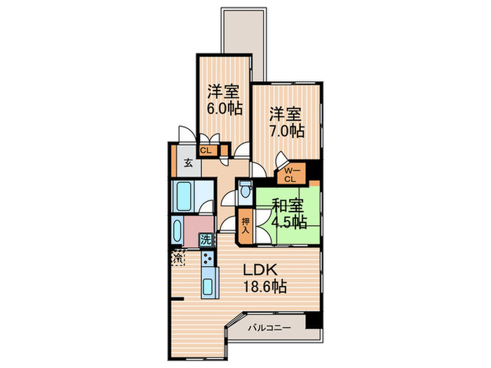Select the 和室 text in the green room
(287, 206)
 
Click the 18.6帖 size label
(264, 287)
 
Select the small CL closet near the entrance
(208, 149)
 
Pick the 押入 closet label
(245, 225)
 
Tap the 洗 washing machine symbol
(206, 240)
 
